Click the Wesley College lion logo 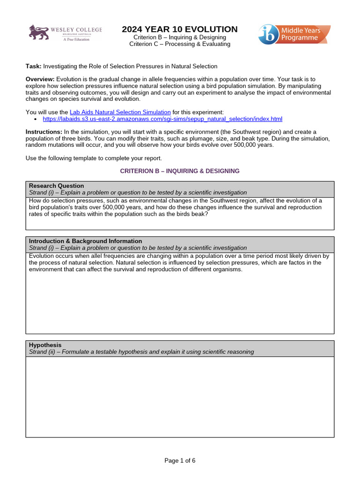click(39, 33)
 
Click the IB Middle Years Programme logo click(294, 35)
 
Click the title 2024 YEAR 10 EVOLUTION click(180, 29)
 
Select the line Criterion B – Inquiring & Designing click(180, 37)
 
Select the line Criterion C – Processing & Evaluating click(180, 44)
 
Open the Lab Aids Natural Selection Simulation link click(120, 112)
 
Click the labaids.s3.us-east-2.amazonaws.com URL click(162, 119)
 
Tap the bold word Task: click(33, 67)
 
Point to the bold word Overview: click(40, 79)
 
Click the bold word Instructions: click(44, 132)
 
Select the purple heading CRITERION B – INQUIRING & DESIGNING click(180, 171)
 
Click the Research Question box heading click(56, 186)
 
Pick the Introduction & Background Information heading click(85, 241)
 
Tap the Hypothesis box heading click(45, 345)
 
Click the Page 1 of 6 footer click(180, 460)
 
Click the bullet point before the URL click(37, 120)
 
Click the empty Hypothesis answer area click(180, 397)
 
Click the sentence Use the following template click(93, 158)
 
